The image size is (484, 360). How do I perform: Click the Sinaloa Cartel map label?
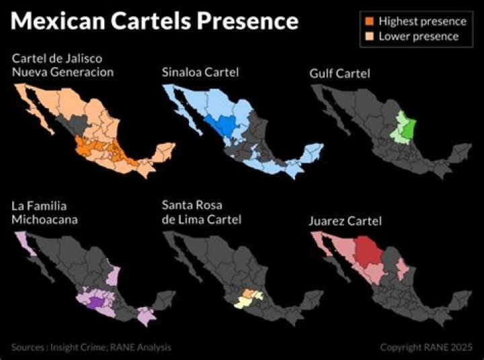pos(200,71)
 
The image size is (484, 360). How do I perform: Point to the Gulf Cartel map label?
pos(339,73)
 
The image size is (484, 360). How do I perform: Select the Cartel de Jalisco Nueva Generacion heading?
pos(63,65)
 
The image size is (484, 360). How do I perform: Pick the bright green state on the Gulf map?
pos(408,128)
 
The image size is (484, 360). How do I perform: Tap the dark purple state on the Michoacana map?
pos(95,303)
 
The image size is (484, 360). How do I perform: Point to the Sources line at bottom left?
pos(91,347)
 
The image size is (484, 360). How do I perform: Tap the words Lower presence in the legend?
pos(418,36)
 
